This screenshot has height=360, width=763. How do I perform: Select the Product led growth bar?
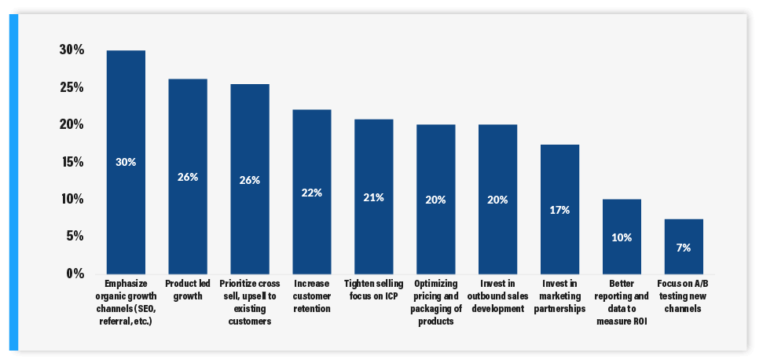pos(188,141)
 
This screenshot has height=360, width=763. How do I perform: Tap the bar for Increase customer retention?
pos(312,157)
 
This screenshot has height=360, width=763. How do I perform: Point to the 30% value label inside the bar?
pos(126,162)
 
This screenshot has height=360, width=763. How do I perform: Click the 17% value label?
pos(560,210)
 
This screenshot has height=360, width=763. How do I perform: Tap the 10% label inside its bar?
pos(622,237)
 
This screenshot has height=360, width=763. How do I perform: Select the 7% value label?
pos(684,248)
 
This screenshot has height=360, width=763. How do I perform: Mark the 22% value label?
pos(312,192)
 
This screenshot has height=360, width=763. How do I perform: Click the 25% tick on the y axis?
pos(71,87)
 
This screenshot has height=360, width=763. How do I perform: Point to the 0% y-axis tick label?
pos(74,274)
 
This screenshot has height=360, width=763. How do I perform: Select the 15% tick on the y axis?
pos(71,162)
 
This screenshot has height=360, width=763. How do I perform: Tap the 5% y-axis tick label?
pos(74,237)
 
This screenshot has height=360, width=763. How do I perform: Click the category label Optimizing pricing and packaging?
pos(435,302)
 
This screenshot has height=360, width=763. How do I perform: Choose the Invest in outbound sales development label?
pos(497,296)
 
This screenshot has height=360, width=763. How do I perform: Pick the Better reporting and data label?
pos(622,302)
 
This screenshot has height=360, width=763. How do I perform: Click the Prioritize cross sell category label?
pos(250,302)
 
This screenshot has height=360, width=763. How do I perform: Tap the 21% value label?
pos(373,197)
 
